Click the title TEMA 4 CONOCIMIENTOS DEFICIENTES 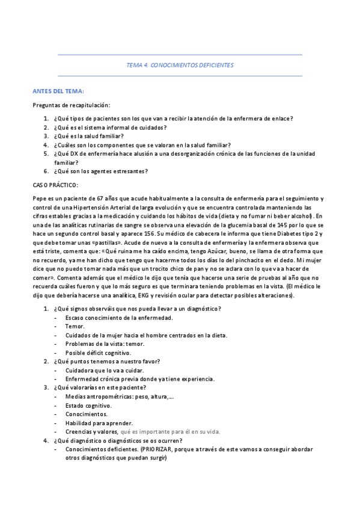(x=180, y=65)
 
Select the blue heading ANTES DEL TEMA (x=58, y=91)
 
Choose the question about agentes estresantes (x=100, y=171)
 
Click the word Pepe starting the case (x=39, y=198)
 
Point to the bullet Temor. (x=75, y=327)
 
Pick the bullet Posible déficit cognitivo (x=98, y=352)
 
